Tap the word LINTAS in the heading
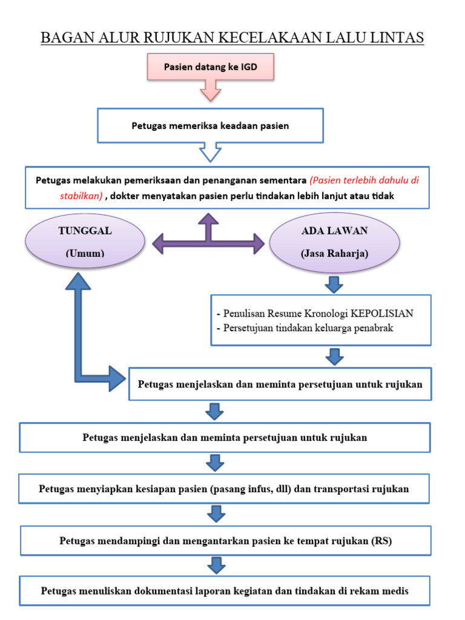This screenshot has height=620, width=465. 395,38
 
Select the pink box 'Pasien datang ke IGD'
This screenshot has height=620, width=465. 210,67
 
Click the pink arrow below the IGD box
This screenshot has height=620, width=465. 210,91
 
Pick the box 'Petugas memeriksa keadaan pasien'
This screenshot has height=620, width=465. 210,126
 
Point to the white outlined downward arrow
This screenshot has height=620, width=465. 210,153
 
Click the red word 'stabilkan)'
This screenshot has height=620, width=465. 81,196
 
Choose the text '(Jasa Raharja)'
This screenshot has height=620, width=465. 334,254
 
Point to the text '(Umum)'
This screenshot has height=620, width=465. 85,254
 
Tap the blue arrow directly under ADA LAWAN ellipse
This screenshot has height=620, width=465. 334,283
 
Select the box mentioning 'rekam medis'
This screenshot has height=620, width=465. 225,591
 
